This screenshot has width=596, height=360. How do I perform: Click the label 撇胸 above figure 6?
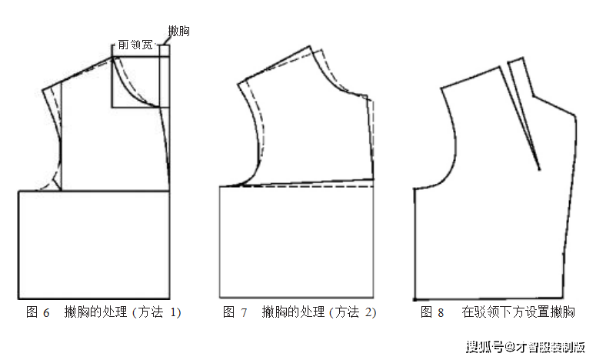[178, 31]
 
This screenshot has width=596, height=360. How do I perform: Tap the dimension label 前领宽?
[135, 45]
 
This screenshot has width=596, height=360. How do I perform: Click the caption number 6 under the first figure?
[46, 313]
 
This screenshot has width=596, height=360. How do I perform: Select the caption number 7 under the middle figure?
[244, 313]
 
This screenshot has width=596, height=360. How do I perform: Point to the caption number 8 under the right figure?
[441, 313]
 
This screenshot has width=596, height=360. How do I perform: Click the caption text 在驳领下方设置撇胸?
[518, 312]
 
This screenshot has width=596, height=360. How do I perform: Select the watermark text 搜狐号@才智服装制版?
[525, 347]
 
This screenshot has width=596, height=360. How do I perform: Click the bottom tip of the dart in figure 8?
[539, 169]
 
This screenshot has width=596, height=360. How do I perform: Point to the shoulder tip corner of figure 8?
[441, 88]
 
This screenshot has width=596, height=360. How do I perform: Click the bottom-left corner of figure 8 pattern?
[415, 299]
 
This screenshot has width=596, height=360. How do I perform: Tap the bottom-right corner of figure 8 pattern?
[563, 298]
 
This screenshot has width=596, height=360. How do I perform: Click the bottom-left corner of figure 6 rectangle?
[18, 298]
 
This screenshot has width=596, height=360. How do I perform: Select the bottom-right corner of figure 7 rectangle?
[373, 297]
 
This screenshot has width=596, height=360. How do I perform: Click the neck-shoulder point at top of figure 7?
[311, 47]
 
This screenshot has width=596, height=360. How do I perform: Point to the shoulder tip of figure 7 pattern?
[238, 84]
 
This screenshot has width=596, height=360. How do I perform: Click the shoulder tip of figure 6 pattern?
[43, 90]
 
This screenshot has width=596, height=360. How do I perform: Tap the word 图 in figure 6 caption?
[32, 312]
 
